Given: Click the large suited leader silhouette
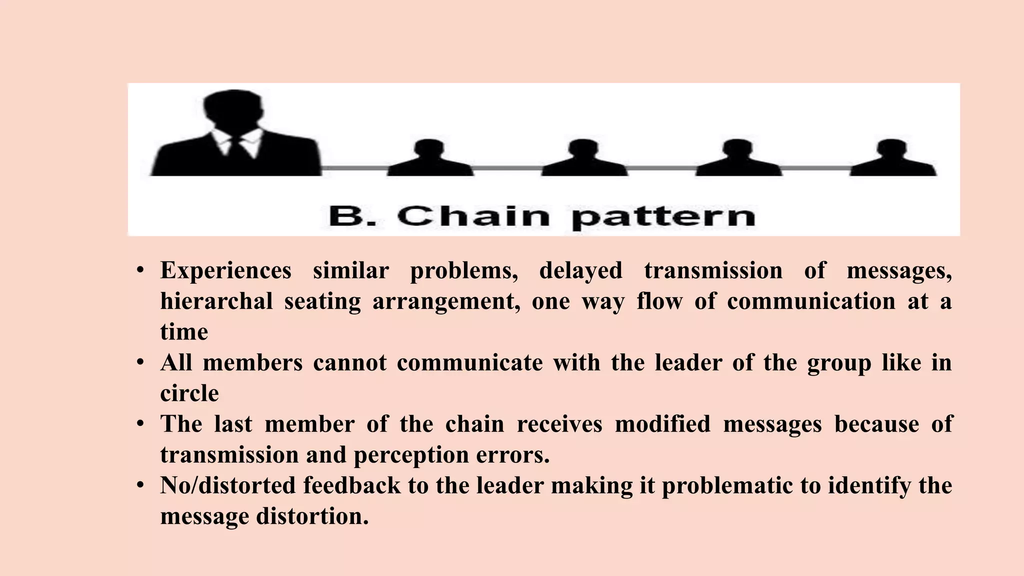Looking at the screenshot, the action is point(235,135).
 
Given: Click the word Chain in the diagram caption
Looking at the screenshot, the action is point(473,216).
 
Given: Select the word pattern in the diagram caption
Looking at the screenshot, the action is point(663,218).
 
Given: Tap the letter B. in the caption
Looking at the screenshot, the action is point(352,216).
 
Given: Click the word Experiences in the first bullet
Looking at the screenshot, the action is point(225,271).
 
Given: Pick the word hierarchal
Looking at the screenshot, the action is point(216,301).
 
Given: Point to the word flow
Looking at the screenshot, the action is point(659,301).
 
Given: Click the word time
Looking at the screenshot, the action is point(184,332).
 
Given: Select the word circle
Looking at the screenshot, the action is point(189,393).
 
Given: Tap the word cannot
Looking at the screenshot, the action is point(349,363).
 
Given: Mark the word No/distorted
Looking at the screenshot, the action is point(228,486).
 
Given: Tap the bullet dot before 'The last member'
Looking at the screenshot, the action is point(141,424).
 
